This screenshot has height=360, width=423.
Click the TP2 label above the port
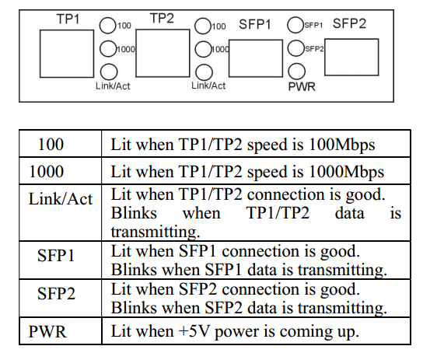pos(162,19)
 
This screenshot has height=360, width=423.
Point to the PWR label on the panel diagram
pos(302,87)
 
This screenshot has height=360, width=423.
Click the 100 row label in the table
pos(51,145)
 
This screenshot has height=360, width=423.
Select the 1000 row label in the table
pos(47,172)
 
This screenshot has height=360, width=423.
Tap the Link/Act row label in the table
pos(61,199)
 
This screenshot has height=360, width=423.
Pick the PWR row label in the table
pos(47,331)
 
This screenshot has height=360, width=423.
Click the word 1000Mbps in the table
pos(346,173)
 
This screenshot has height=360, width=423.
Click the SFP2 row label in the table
pos(56,293)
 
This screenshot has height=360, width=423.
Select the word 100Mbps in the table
pos(342,145)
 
